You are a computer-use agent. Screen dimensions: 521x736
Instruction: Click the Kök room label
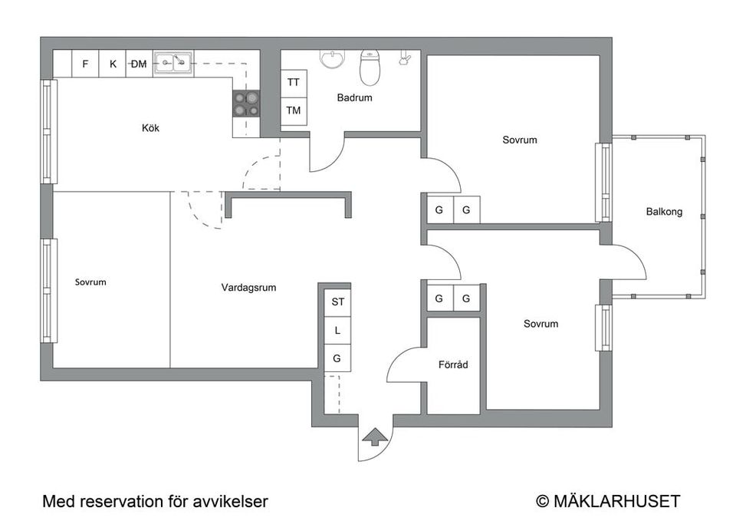(x=150, y=128)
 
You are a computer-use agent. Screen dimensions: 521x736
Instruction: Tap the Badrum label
(x=354, y=97)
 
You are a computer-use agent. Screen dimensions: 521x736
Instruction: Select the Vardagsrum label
(x=248, y=288)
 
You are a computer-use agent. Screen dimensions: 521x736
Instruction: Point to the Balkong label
(x=664, y=212)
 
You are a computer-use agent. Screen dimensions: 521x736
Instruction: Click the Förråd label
(x=452, y=364)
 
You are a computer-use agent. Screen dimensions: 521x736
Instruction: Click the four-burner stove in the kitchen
(x=246, y=104)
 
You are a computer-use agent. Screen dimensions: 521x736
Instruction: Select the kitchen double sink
(x=172, y=63)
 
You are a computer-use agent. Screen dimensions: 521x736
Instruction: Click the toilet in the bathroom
(x=370, y=69)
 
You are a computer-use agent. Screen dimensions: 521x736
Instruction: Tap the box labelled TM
(x=294, y=110)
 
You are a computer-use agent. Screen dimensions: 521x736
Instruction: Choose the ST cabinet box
(x=337, y=302)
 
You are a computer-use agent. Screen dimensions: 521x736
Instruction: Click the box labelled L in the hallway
(x=337, y=330)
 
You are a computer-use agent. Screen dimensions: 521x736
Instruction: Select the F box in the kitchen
(x=85, y=64)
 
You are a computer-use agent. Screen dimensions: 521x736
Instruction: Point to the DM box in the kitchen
(x=139, y=64)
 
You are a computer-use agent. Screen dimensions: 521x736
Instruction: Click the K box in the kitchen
(x=113, y=64)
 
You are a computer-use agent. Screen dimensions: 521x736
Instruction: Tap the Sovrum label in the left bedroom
(x=90, y=282)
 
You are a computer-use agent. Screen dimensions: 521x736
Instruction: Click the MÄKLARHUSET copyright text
(x=615, y=502)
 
